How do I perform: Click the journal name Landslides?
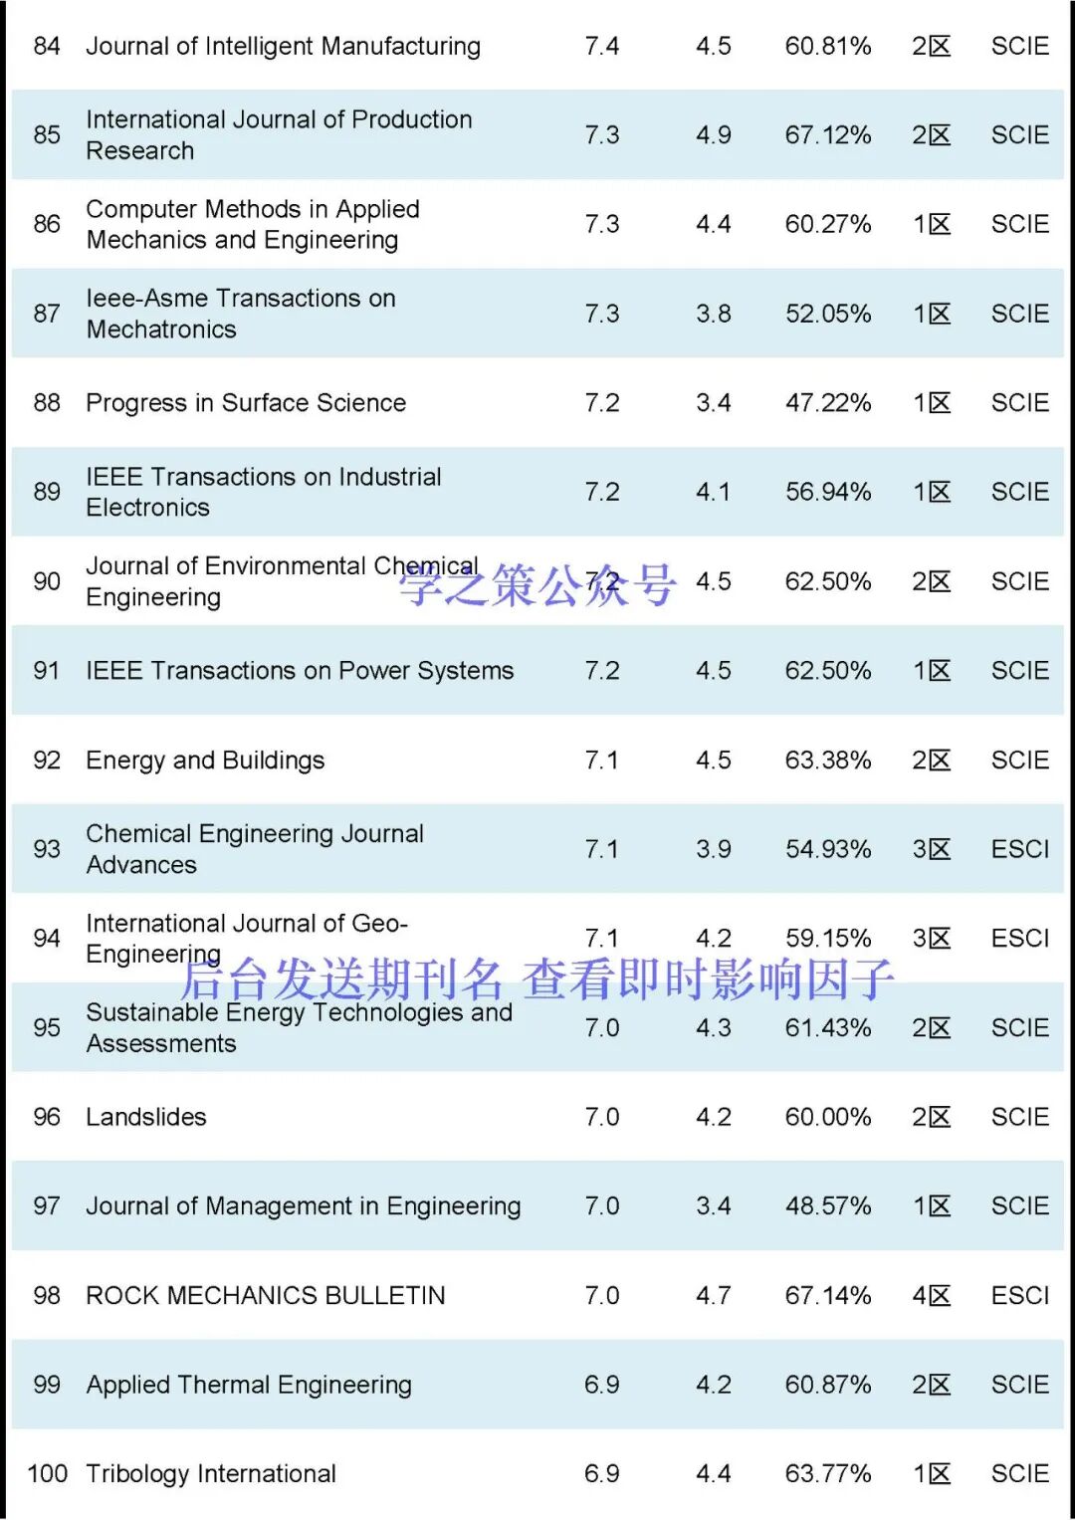point(146,1117)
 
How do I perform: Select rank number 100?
point(47,1473)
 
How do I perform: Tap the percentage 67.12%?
point(827,134)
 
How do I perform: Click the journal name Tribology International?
point(211,1473)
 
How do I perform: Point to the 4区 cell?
point(931,1295)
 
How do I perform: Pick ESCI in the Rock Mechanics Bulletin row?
point(1019,1295)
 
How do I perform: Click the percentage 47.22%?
point(827,402)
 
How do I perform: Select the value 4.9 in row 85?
point(713,134)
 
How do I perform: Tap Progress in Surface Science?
point(246,402)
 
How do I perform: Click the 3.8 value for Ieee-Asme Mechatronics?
point(713,314)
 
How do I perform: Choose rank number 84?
point(47,46)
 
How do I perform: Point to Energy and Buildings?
point(205,760)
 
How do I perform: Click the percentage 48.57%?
point(827,1205)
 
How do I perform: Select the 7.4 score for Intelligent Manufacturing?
point(601,46)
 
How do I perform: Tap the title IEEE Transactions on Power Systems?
point(300,671)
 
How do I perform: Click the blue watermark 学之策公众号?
point(537,585)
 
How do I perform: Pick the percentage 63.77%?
point(827,1473)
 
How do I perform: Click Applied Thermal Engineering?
point(249,1385)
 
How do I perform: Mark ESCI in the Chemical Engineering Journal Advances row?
point(1019,849)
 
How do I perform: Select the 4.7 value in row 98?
point(713,1295)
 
